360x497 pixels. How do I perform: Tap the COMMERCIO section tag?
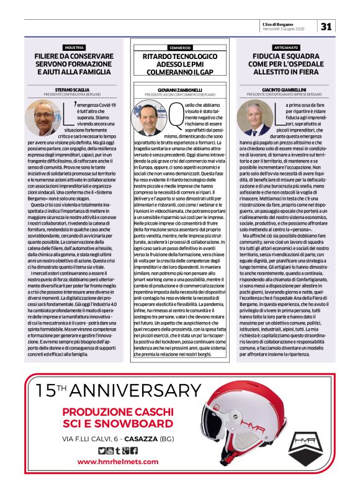(179, 47)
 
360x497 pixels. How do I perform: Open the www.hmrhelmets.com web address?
(115, 462)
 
